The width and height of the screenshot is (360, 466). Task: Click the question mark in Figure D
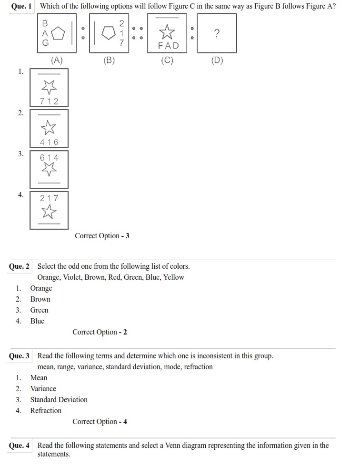tap(217, 33)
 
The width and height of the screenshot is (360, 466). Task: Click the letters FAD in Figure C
tap(169, 46)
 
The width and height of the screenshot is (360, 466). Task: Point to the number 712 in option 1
tap(49, 101)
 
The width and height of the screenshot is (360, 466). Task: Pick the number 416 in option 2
tap(49, 142)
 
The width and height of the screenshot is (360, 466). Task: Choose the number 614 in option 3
tap(49, 157)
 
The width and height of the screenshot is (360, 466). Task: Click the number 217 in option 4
tap(49, 198)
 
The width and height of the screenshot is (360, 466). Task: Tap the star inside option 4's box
tap(49, 211)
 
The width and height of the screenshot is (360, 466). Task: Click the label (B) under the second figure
tap(109, 61)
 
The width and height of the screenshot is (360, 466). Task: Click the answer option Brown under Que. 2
tap(40, 299)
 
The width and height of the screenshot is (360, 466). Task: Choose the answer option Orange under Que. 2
tap(41, 288)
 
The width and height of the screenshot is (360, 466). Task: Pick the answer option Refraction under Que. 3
tap(46, 411)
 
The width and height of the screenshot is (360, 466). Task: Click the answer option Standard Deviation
tap(59, 400)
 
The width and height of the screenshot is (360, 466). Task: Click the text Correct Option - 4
tap(100, 422)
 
